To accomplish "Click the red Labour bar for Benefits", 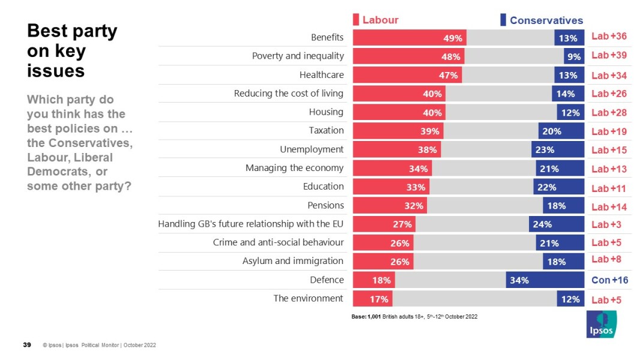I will (409, 38).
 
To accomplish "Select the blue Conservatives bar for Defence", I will (545, 280).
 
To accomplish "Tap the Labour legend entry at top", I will (376, 20).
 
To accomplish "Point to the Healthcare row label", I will (321, 75).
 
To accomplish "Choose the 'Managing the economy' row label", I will (295, 168).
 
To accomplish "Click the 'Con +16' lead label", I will (609, 280).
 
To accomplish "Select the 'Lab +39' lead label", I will (609, 55).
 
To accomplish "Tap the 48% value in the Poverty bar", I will (450, 57).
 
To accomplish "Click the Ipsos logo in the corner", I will (602, 325).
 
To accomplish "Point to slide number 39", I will (27, 345).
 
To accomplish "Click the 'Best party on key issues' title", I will (72, 51).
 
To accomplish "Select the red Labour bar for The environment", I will (372, 299).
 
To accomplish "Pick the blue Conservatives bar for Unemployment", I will (557, 149).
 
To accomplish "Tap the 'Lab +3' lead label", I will (606, 224).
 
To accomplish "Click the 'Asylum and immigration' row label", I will (293, 261).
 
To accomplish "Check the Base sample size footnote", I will (414, 316).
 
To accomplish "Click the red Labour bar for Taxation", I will (398, 131).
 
